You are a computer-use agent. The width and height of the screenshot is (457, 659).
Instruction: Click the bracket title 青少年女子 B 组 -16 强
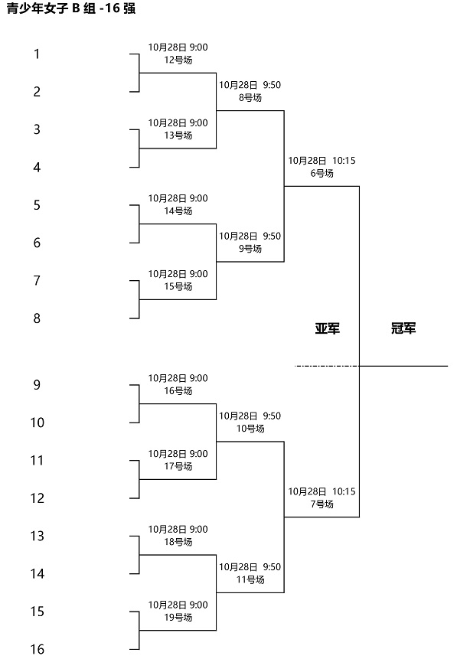click(71, 8)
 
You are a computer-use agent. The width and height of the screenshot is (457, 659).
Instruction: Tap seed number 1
click(37, 54)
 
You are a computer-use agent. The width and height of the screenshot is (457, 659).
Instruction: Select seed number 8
click(37, 318)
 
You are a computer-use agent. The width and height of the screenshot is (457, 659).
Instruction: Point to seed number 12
click(37, 498)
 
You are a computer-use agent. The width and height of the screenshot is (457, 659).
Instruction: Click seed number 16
click(37, 649)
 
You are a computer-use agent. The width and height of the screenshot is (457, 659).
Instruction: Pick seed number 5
click(37, 205)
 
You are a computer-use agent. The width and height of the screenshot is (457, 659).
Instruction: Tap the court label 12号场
click(178, 60)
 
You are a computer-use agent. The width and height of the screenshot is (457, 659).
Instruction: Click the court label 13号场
click(178, 135)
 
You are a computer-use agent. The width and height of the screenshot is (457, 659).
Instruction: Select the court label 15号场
click(178, 286)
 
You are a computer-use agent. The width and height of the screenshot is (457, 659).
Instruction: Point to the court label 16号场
click(178, 391)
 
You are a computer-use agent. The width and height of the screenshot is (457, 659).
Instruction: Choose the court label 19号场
click(178, 618)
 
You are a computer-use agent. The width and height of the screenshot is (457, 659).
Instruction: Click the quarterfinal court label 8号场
click(250, 98)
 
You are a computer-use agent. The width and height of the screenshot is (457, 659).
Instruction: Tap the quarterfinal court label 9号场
click(250, 249)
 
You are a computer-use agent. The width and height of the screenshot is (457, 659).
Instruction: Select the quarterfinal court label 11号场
click(250, 580)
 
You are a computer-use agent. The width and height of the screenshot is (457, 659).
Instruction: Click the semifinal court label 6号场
click(322, 173)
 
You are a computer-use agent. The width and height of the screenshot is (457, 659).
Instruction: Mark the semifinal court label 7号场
click(322, 504)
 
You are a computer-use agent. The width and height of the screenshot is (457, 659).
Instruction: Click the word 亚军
click(328, 328)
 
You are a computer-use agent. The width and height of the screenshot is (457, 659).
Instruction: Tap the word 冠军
click(403, 328)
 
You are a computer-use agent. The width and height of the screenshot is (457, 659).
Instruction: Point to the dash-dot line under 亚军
click(327, 366)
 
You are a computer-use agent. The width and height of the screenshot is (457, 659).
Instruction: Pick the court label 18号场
click(178, 542)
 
